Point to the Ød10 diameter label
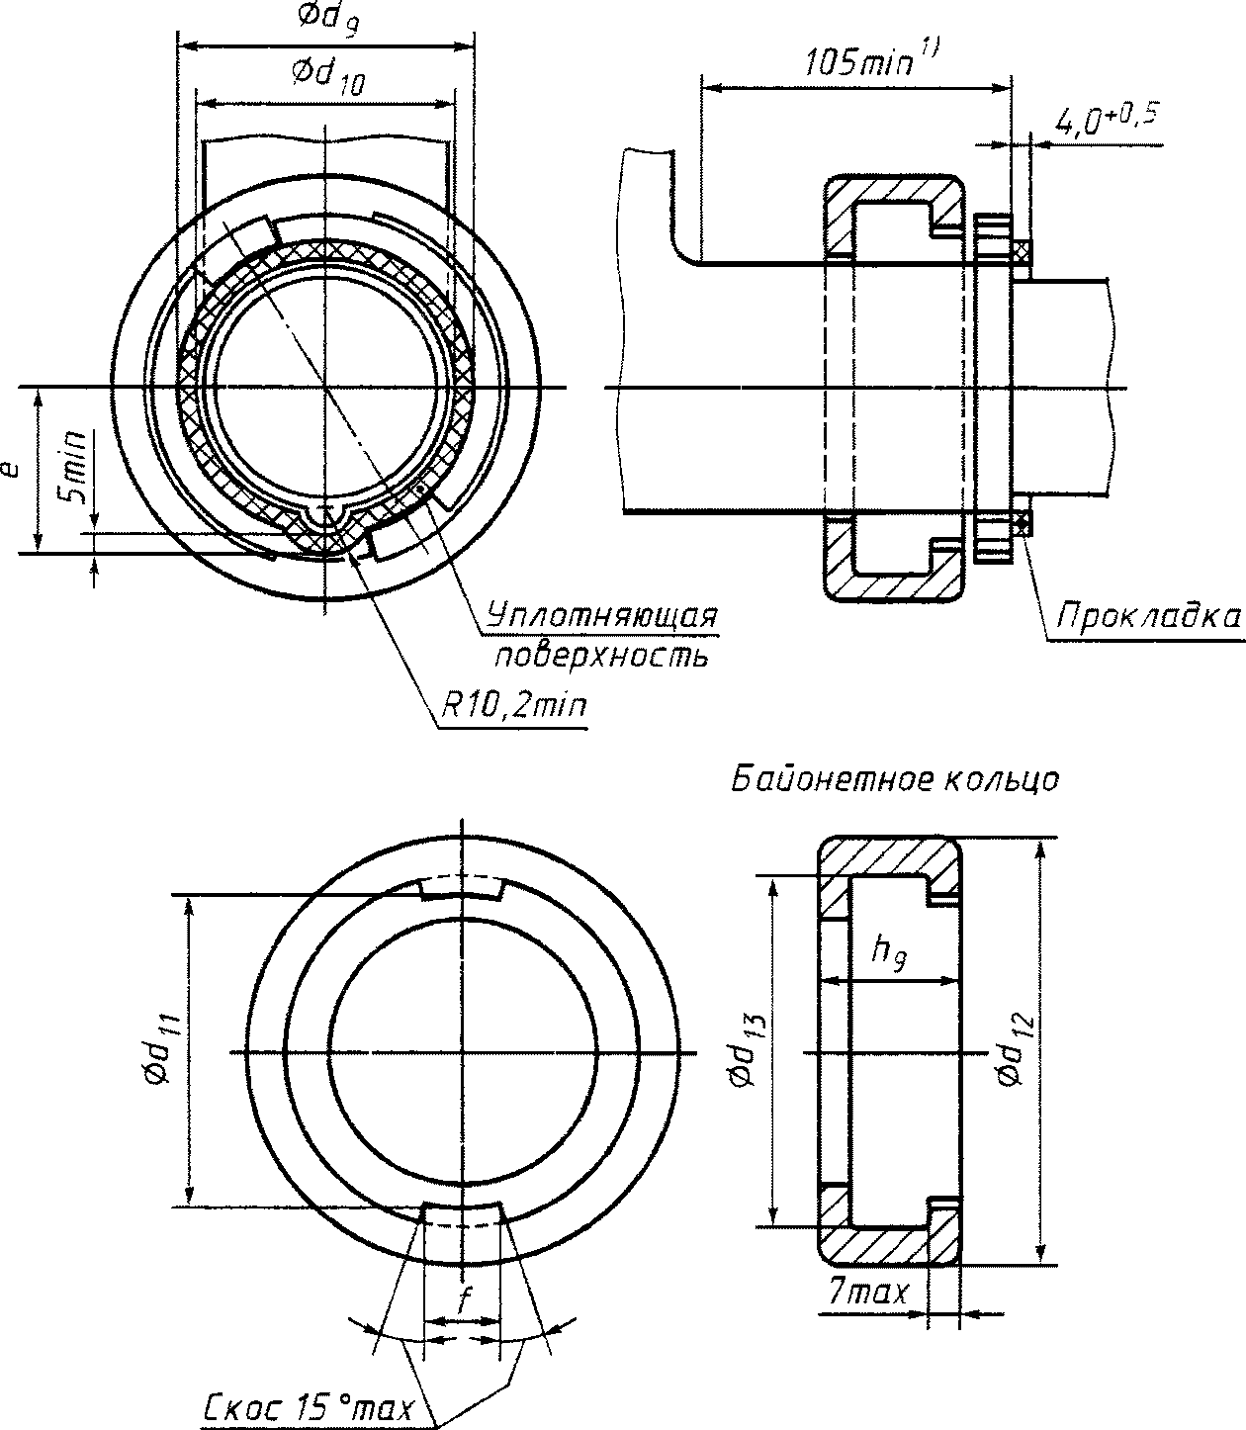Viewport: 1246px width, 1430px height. point(328,75)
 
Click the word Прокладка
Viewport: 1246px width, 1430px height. point(1148,616)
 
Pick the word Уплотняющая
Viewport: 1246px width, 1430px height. point(601,616)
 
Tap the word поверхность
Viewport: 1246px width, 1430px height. point(601,657)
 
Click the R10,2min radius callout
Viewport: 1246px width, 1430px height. point(513,707)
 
